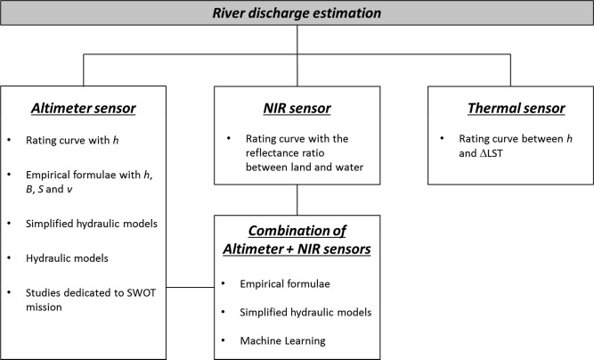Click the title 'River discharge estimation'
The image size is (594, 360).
(297, 13)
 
